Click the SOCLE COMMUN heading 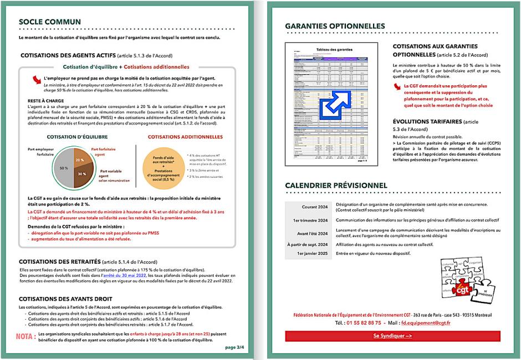coord(49,22)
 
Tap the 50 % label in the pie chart coord(64,167)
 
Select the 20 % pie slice coord(80,160)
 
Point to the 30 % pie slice coord(81,173)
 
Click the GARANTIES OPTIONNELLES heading coord(335,26)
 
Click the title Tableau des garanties coord(331,50)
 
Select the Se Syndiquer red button coord(392,336)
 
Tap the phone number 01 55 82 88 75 coord(362,322)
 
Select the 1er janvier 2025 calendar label coord(313,254)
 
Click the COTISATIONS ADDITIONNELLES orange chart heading coord(185,137)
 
